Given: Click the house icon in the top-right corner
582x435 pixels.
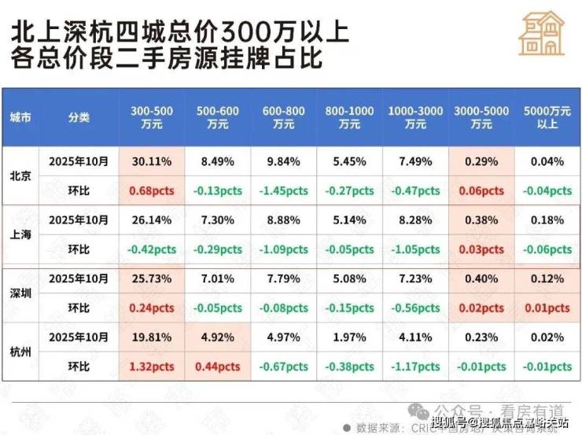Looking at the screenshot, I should pyautogui.click(x=542, y=35).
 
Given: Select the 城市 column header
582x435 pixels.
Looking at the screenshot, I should pyautogui.click(x=21, y=117).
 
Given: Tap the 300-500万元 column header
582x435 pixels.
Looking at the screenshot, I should pyautogui.click(x=152, y=117).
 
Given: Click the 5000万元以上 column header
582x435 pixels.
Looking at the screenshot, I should pyautogui.click(x=547, y=117).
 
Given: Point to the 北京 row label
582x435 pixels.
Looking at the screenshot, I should pyautogui.click(x=21, y=175).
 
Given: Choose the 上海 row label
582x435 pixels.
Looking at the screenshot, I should pyautogui.click(x=21, y=234).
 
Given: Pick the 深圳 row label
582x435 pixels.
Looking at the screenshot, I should pyautogui.click(x=21, y=293).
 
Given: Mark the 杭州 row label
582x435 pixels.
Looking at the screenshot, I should pyautogui.click(x=21, y=352).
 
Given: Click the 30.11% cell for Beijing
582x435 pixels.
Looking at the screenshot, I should pyautogui.click(x=152, y=161).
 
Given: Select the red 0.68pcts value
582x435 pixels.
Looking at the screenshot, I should pyautogui.click(x=152, y=190).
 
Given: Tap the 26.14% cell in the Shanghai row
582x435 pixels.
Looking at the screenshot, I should pyautogui.click(x=152, y=220).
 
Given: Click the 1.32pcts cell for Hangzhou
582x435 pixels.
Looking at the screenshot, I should pyautogui.click(x=152, y=367).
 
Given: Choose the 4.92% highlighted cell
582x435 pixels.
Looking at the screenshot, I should pyautogui.click(x=218, y=337).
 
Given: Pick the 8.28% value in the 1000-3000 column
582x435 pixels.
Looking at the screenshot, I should pyautogui.click(x=415, y=220).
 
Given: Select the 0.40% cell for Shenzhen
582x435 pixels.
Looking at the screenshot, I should pyautogui.click(x=481, y=279).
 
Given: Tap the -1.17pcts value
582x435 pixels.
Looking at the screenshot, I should pyautogui.click(x=415, y=367).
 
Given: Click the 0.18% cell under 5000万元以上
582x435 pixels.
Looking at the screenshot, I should pyautogui.click(x=547, y=220).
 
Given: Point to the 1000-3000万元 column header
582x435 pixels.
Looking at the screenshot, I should pyautogui.click(x=415, y=117).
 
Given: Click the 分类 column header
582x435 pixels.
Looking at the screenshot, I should pyautogui.click(x=79, y=117).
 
